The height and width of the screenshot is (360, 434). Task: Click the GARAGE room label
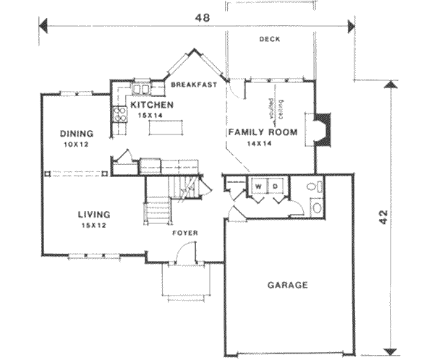coord(288,285)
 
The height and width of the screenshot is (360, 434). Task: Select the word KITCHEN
coord(152,106)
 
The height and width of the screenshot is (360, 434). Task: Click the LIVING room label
coord(94,215)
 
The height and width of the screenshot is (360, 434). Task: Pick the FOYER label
coord(186,233)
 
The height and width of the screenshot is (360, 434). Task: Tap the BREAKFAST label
coord(195,85)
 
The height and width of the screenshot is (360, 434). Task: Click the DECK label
coord(270,40)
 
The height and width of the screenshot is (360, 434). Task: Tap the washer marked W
coord(258,187)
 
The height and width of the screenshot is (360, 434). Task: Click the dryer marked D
coord(275,187)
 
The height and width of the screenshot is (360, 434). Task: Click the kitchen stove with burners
coord(119,113)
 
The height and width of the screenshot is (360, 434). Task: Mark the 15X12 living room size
coord(94,226)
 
